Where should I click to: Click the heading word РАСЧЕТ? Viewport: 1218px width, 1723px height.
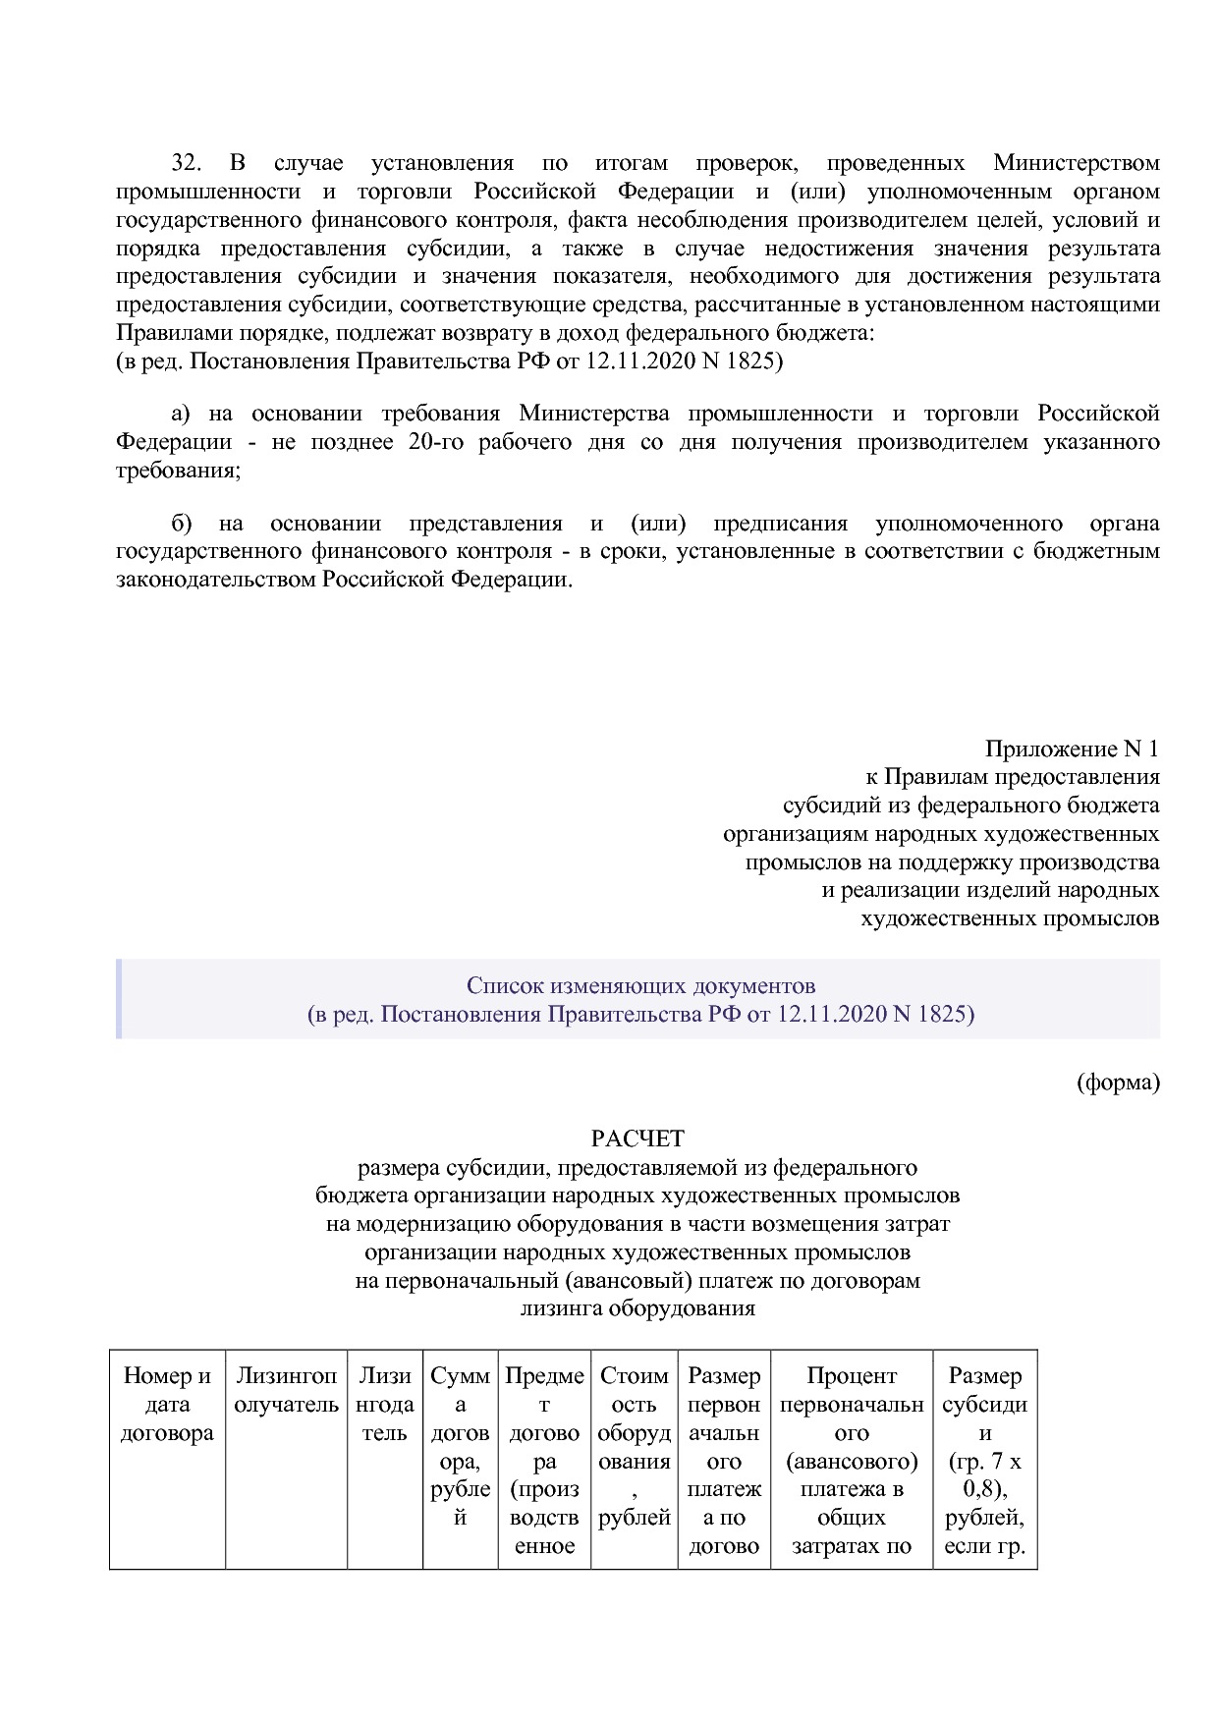[637, 1139]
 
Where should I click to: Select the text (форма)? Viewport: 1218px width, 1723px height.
[1118, 1083]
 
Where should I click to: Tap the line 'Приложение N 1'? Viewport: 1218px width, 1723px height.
[1071, 750]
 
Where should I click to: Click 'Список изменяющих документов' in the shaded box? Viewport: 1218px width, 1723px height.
[640, 985]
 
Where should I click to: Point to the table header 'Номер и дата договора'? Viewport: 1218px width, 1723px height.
[167, 1405]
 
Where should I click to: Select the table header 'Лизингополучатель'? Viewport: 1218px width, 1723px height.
[286, 1391]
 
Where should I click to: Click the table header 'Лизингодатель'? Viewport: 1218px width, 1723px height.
[384, 1405]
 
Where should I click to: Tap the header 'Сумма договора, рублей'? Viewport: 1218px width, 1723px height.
[460, 1446]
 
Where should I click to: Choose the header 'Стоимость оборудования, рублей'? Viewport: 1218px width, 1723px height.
[634, 1446]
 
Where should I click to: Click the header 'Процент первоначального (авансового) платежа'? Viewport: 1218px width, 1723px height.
[851, 1446]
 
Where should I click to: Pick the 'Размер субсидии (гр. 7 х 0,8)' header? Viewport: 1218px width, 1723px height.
[984, 1446]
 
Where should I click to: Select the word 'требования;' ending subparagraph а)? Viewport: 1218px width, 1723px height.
[178, 471]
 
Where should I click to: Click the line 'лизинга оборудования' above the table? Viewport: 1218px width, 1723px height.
[637, 1308]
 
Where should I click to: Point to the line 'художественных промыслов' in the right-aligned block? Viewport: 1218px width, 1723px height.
[1009, 918]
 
